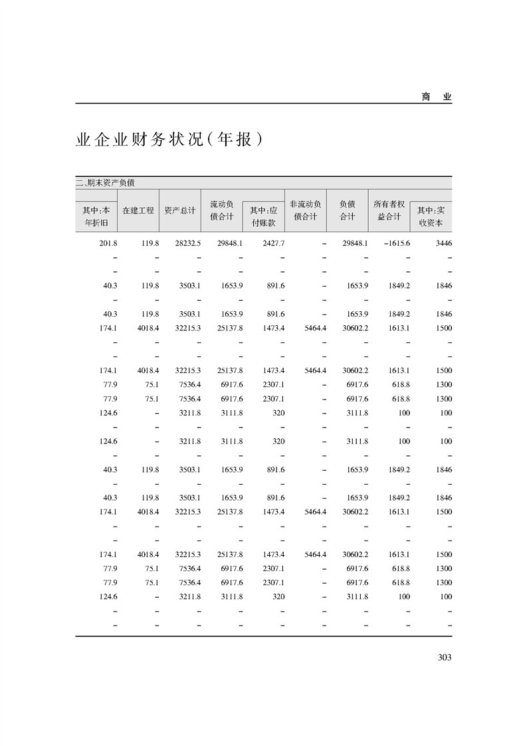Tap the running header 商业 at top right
tap(436, 96)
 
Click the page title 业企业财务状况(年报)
tap(165, 140)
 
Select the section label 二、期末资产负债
tap(106, 183)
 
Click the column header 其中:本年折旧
tap(96, 217)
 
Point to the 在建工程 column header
tap(138, 210)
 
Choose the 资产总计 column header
tap(180, 210)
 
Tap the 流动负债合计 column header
tap(221, 210)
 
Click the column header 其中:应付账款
tap(263, 217)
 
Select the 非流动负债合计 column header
tap(306, 210)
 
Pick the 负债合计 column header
tap(347, 210)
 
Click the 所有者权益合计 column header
tap(389, 210)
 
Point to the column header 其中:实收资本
tap(431, 217)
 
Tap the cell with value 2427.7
tap(273, 243)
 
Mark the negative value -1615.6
tap(397, 243)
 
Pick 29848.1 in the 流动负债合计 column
tap(231, 243)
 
